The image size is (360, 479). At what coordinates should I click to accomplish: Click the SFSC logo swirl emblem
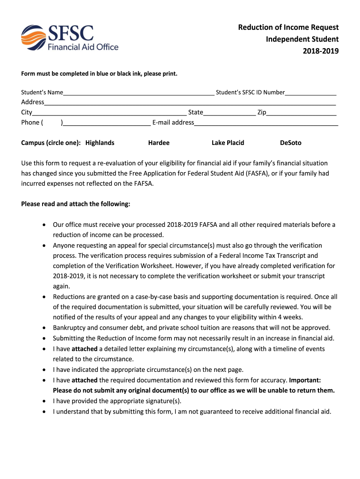[34, 37]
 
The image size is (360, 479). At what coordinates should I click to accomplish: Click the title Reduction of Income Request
[288, 28]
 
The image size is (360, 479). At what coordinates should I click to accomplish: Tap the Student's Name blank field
[139, 92]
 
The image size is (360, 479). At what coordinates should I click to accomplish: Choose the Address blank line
[190, 102]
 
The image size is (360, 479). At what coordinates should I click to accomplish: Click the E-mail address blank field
[266, 123]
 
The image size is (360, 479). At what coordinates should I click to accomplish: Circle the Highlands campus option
[100, 143]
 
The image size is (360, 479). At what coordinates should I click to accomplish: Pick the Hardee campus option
[158, 143]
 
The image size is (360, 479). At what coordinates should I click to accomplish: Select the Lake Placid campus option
[228, 143]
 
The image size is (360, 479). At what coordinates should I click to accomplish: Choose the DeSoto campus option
[290, 143]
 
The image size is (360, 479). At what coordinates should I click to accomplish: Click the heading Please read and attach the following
[76, 204]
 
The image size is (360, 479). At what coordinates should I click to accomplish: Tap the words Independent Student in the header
[302, 39]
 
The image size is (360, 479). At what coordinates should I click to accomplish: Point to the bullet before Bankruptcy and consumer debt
[44, 328]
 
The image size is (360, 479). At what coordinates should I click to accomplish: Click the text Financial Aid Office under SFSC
[83, 47]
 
